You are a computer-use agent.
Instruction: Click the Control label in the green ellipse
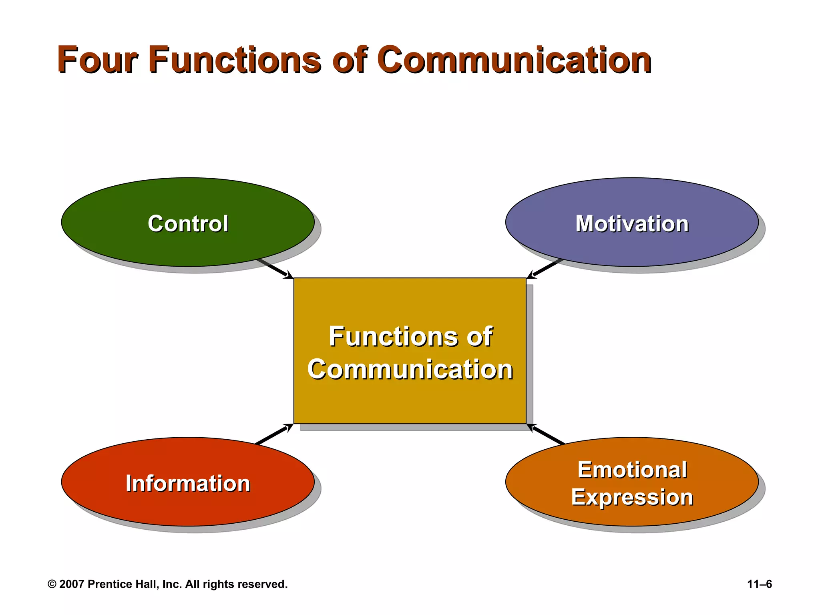click(188, 223)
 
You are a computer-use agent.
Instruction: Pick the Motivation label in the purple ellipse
click(632, 223)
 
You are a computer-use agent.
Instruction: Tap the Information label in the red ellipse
click(188, 483)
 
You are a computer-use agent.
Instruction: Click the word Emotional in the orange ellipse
click(632, 470)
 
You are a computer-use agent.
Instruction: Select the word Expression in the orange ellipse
click(632, 497)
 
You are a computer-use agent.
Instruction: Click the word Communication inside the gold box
click(410, 369)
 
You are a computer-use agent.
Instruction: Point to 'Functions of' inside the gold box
click(410, 336)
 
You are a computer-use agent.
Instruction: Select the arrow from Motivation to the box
click(545, 269)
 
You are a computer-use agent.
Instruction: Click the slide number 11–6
click(759, 584)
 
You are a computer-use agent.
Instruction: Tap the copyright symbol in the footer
click(52, 584)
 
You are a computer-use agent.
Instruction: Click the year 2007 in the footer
click(72, 584)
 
